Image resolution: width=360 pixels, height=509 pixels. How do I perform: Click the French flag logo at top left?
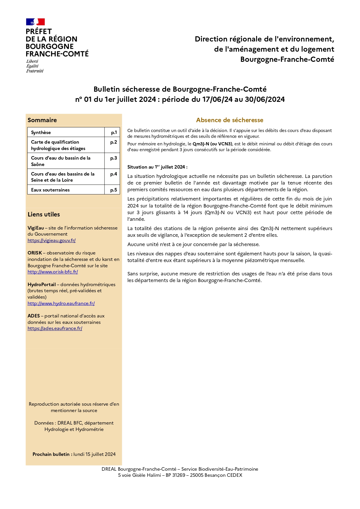(35, 22)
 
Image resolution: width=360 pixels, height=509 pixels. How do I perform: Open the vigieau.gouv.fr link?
(52, 240)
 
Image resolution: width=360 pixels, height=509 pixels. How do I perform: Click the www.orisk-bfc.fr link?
(53, 272)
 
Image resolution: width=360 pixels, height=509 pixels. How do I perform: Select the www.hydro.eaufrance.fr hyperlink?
(61, 303)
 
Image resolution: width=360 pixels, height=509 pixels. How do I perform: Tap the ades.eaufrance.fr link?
(55, 328)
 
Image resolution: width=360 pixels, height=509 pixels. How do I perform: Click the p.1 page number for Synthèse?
(114, 132)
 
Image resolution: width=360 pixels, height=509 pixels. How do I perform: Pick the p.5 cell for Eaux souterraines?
(113, 190)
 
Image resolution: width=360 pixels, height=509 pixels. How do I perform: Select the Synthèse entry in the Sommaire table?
(41, 132)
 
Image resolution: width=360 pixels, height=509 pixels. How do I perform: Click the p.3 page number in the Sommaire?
(113, 158)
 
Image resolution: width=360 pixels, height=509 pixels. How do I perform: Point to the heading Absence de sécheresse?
(230, 120)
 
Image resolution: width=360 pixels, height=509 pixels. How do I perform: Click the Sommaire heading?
(42, 120)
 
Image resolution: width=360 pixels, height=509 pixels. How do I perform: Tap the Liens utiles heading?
(44, 214)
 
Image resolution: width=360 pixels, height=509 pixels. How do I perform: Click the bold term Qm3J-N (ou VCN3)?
(213, 144)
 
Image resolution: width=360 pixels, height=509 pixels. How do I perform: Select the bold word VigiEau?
(36, 228)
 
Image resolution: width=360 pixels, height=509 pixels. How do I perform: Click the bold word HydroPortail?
(41, 284)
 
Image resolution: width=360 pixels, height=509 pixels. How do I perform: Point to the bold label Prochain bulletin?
(52, 454)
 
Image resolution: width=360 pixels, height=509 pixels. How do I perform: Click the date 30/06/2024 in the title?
(265, 100)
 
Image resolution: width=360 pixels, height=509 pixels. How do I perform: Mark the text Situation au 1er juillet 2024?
(157, 167)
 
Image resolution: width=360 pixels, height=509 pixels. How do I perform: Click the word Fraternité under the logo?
(35, 71)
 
